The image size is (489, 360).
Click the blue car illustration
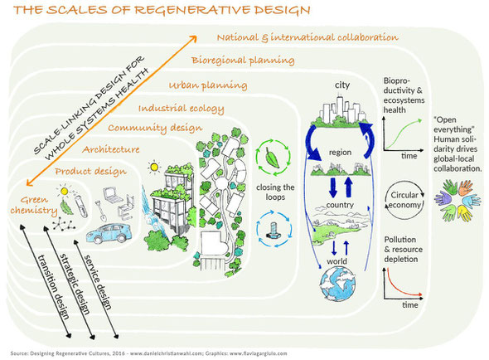click(108, 232)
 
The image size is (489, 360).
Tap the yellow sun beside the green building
click(154, 167)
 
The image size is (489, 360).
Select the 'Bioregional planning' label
click(243, 61)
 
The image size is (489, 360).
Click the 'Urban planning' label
click(208, 85)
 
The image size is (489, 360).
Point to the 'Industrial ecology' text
click(182, 109)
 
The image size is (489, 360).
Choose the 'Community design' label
click(155, 128)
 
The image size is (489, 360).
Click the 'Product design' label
click(90, 172)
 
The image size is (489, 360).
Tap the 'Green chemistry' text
click(34, 205)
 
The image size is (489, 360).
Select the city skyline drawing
click(341, 111)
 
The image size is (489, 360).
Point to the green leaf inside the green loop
click(272, 157)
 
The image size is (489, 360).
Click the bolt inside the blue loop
click(274, 230)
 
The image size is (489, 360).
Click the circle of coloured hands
click(457, 200)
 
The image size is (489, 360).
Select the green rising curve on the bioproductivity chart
click(404, 133)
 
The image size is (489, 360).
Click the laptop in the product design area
click(111, 194)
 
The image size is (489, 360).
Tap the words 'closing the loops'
click(275, 192)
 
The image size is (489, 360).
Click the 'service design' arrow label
click(97, 282)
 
